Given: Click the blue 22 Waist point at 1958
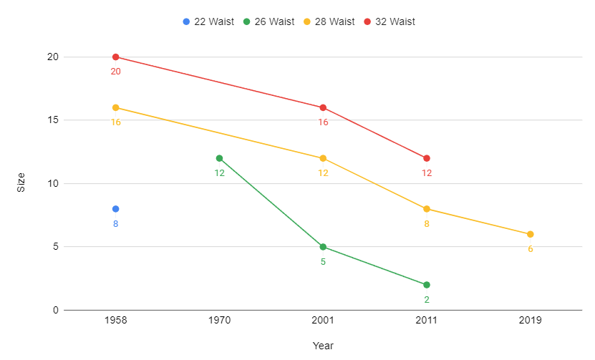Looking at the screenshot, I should coord(115,209).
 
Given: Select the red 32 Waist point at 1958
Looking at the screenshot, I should coord(115,57).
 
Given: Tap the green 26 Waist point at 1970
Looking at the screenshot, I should coord(219,158).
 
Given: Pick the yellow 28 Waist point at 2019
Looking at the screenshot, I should coord(531,234).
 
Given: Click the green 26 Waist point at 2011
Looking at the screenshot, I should coord(427,285).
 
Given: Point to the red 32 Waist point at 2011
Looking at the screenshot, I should coord(427,158).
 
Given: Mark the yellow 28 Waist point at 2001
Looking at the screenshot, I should coord(323,158).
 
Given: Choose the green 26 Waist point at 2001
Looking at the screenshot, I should coord(323,247).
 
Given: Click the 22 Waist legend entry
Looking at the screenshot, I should coord(208,21).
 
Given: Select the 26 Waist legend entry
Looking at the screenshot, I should coord(269,21).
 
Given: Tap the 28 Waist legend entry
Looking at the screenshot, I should coord(329,21).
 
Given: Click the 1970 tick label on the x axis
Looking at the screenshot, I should coord(219,321).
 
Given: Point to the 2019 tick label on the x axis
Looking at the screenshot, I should coord(531,321).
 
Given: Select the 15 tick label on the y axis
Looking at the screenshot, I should coord(52,120).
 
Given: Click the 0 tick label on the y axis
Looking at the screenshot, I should coord(55,310).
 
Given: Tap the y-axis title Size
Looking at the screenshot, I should coord(21,183).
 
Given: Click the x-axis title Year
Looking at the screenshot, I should coord(323,346).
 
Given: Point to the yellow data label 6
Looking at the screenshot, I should coord(531,249).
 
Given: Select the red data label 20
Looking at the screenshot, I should coord(115,72).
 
